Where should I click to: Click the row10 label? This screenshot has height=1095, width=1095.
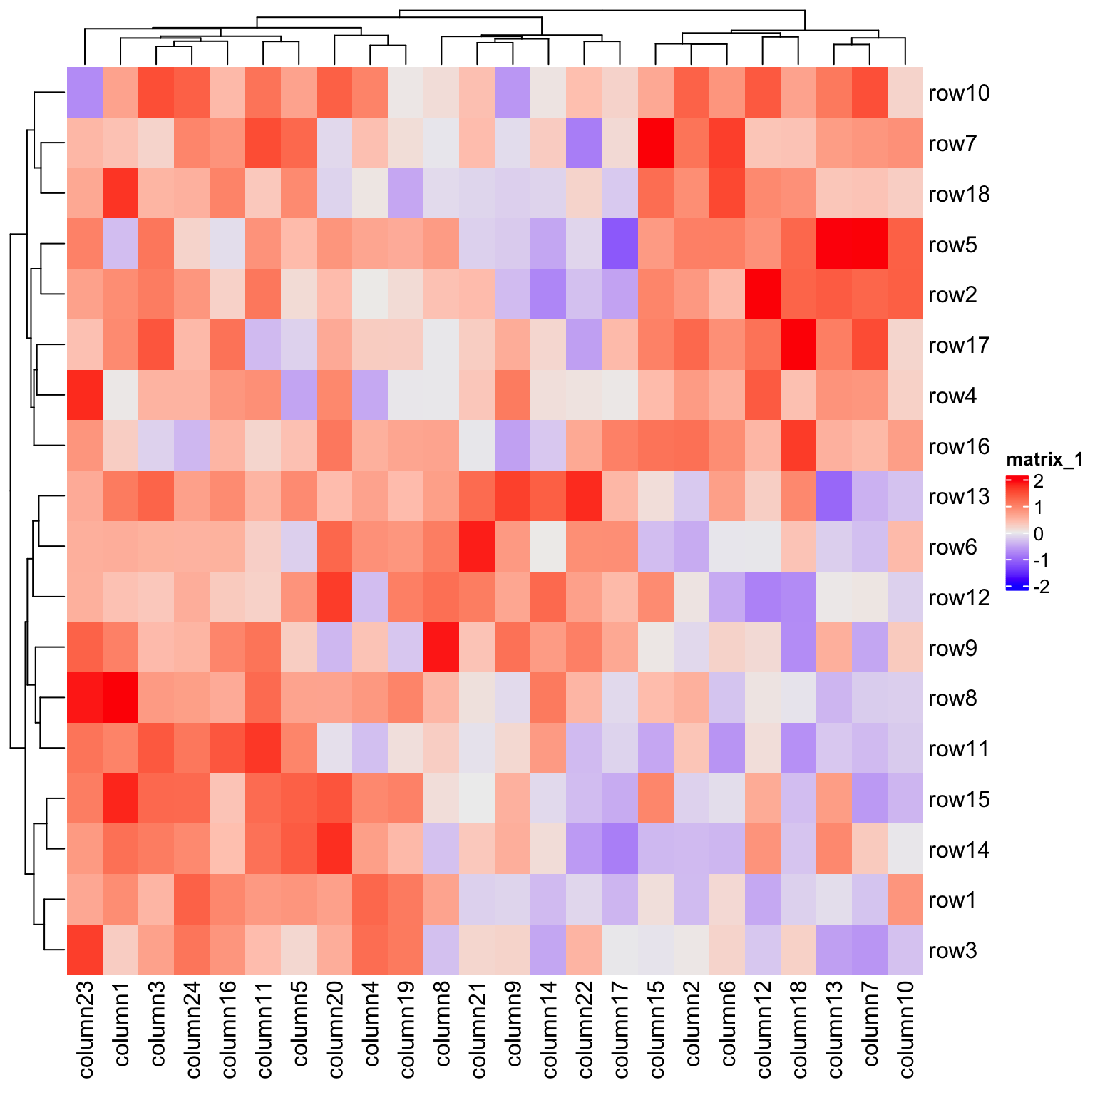[959, 93]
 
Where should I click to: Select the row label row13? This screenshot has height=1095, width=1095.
[959, 497]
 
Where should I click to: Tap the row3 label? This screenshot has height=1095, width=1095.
[952, 951]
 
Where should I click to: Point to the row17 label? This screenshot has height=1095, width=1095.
[959, 346]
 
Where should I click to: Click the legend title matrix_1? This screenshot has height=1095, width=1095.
[1044, 460]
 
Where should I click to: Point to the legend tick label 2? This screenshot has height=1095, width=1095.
[1038, 481]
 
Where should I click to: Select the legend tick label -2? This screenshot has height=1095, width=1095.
[1041, 587]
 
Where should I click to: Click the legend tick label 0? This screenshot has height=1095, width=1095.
[1038, 534]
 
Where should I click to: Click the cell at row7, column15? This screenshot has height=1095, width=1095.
[656, 143]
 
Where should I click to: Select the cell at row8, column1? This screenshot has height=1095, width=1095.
[121, 699]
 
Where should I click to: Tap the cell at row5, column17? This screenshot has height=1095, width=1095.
[620, 245]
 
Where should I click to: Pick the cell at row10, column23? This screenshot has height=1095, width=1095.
[86, 93]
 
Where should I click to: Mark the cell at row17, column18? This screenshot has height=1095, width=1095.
[798, 346]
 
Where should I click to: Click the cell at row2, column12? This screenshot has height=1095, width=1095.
[763, 295]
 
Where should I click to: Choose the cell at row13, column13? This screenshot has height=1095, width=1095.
[834, 497]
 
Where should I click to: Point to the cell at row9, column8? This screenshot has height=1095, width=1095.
[442, 648]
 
